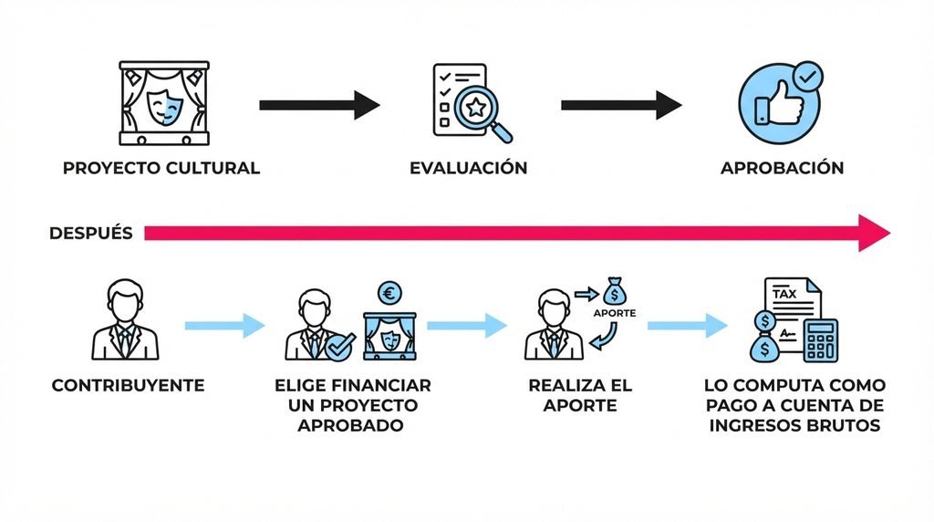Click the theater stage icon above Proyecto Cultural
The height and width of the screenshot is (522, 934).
click(164, 103)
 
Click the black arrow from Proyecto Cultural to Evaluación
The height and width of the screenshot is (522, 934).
click(319, 106)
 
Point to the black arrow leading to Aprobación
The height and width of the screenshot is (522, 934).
click(621, 106)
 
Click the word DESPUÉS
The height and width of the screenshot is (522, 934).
click(90, 233)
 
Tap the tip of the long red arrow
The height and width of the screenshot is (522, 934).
click(890, 233)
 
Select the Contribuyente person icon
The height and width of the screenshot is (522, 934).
click(125, 320)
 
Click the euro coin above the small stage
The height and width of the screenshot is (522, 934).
click(390, 293)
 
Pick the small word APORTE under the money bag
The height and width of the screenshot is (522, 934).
click(615, 313)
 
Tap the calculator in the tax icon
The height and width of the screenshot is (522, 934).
click(821, 340)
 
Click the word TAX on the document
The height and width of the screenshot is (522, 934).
click(784, 294)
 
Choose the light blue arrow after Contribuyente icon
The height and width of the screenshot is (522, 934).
click(224, 326)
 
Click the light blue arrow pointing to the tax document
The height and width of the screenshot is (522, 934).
click(688, 326)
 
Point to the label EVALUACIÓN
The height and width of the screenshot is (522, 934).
click(469, 168)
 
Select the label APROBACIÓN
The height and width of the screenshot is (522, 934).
click(782, 168)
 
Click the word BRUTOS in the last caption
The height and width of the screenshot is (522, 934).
click(844, 425)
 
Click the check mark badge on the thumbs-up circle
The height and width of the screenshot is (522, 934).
click(810, 77)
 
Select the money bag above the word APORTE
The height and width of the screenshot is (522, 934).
click(615, 291)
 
